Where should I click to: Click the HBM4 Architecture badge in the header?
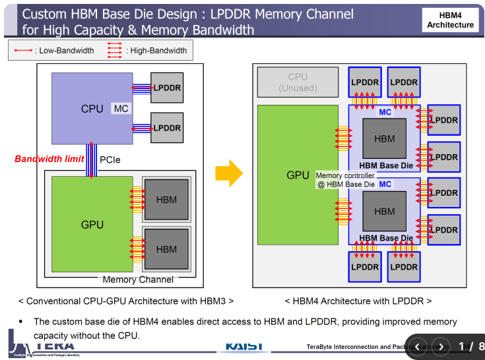[x=451, y=20]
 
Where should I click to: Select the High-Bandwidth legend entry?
[x=148, y=50]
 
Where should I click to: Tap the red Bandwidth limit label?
[x=49, y=159]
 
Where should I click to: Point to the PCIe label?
[x=110, y=160]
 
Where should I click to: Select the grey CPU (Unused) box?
[x=298, y=82]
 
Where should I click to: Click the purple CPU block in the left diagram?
[x=92, y=108]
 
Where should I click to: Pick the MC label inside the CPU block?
[x=121, y=108]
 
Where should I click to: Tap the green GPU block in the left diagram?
[x=92, y=224]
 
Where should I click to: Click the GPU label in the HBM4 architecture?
[x=298, y=175]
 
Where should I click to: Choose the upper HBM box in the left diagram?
[x=166, y=200]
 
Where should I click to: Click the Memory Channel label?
[x=138, y=280]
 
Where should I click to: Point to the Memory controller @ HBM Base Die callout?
[x=346, y=180]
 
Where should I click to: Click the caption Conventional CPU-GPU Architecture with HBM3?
[x=125, y=301]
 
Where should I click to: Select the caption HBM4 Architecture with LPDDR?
[x=358, y=301]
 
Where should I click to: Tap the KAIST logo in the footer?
[x=244, y=346]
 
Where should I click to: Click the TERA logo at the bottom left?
[x=44, y=345]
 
